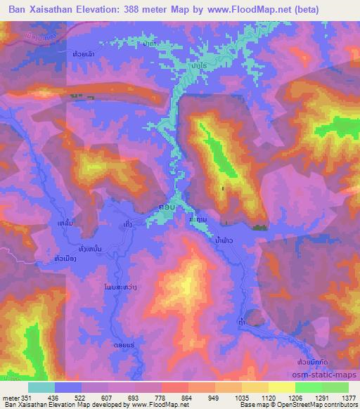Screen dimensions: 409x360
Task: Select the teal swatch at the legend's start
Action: pyautogui.click(x=41, y=387)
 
